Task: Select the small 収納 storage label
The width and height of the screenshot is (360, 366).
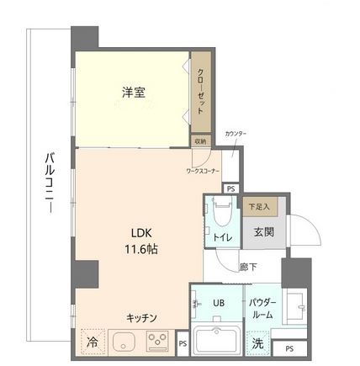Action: pyautogui.click(x=200, y=141)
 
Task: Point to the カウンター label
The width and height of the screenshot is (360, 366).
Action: pyautogui.click(x=236, y=134)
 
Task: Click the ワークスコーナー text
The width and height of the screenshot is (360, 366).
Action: pyautogui.click(x=203, y=171)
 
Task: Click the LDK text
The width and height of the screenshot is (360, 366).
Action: pyautogui.click(x=140, y=233)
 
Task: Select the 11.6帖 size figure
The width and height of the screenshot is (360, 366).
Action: pyautogui.click(x=140, y=249)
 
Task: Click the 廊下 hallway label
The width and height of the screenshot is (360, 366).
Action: pyautogui.click(x=248, y=268)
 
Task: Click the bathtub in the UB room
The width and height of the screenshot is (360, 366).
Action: pyautogui.click(x=217, y=343)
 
